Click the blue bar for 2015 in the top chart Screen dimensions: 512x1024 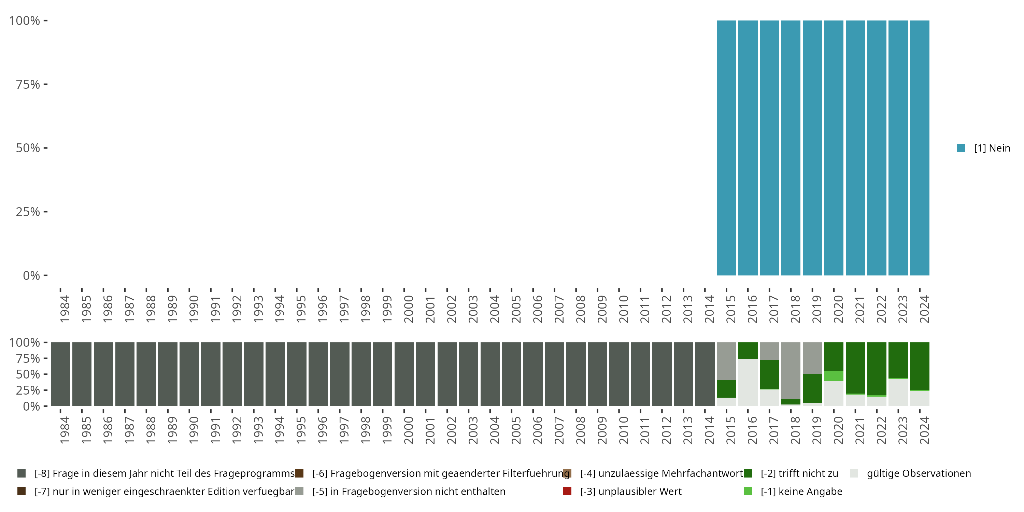tap(726, 148)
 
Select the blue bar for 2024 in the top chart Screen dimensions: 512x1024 tap(920, 148)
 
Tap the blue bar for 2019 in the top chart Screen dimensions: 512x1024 tap(812, 148)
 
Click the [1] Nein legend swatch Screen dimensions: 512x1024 tap(961, 148)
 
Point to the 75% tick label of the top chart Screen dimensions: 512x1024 tap(28, 85)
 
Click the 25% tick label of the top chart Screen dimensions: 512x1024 tap(28, 212)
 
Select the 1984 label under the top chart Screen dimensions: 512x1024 tap(65, 309)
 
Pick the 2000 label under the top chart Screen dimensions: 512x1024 tap(409, 309)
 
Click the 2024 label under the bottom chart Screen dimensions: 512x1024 tap(924, 430)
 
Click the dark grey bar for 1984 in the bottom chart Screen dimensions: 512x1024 tap(60, 374)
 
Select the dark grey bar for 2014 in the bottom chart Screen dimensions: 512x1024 tap(705, 374)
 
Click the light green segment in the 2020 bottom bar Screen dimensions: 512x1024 tap(834, 376)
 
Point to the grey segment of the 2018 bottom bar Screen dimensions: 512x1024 tap(791, 370)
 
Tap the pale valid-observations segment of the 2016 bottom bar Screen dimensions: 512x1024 tap(748, 382)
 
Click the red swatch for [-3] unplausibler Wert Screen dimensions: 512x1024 tap(567, 491)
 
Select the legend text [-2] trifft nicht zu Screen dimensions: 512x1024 tap(799, 473)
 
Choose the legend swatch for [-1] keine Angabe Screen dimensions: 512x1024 tap(748, 491)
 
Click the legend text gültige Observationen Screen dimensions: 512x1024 tap(919, 473)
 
